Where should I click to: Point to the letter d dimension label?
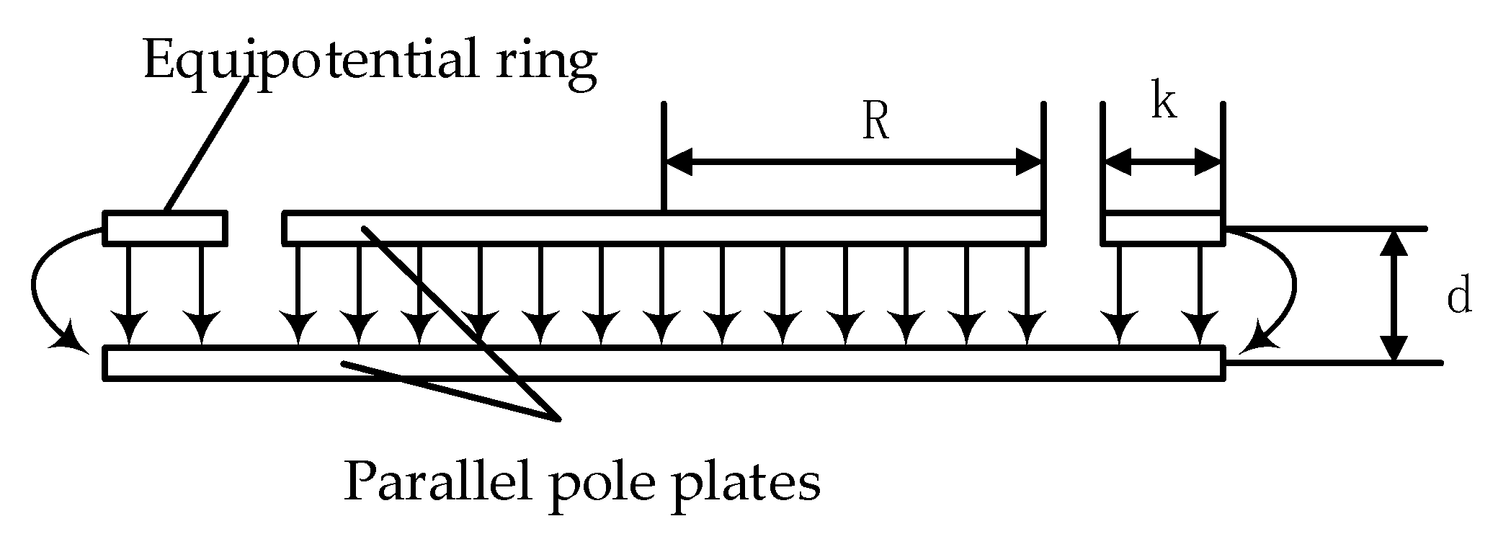pyautogui.click(x=1458, y=297)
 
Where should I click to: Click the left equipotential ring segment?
pyautogui.click(x=166, y=228)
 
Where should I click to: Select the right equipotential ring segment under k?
pyautogui.click(x=1163, y=228)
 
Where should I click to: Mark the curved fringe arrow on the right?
pyautogui.click(x=1283, y=288)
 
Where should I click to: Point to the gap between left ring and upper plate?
pyautogui.click(x=255, y=228)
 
